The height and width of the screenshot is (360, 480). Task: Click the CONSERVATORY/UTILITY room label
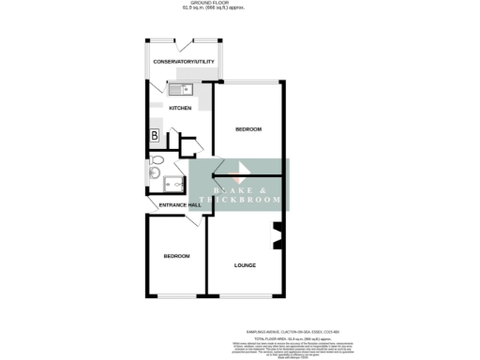click(x=185, y=62)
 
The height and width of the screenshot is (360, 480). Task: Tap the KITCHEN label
click(x=180, y=108)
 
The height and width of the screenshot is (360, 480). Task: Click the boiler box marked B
click(x=154, y=137)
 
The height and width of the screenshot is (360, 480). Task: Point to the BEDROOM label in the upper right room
click(x=248, y=128)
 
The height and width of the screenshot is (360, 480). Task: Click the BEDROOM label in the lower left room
click(x=176, y=256)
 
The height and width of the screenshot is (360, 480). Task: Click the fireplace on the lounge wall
click(x=277, y=237)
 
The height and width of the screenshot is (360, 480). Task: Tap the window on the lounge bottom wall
click(x=246, y=297)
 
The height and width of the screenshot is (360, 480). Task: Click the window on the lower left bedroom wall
click(x=175, y=297)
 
